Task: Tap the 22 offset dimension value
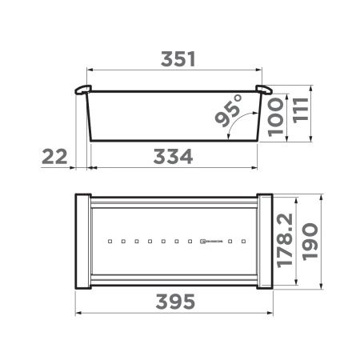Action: (54, 157)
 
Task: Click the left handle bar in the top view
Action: (83, 240)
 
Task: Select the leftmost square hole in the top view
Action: (109, 240)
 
